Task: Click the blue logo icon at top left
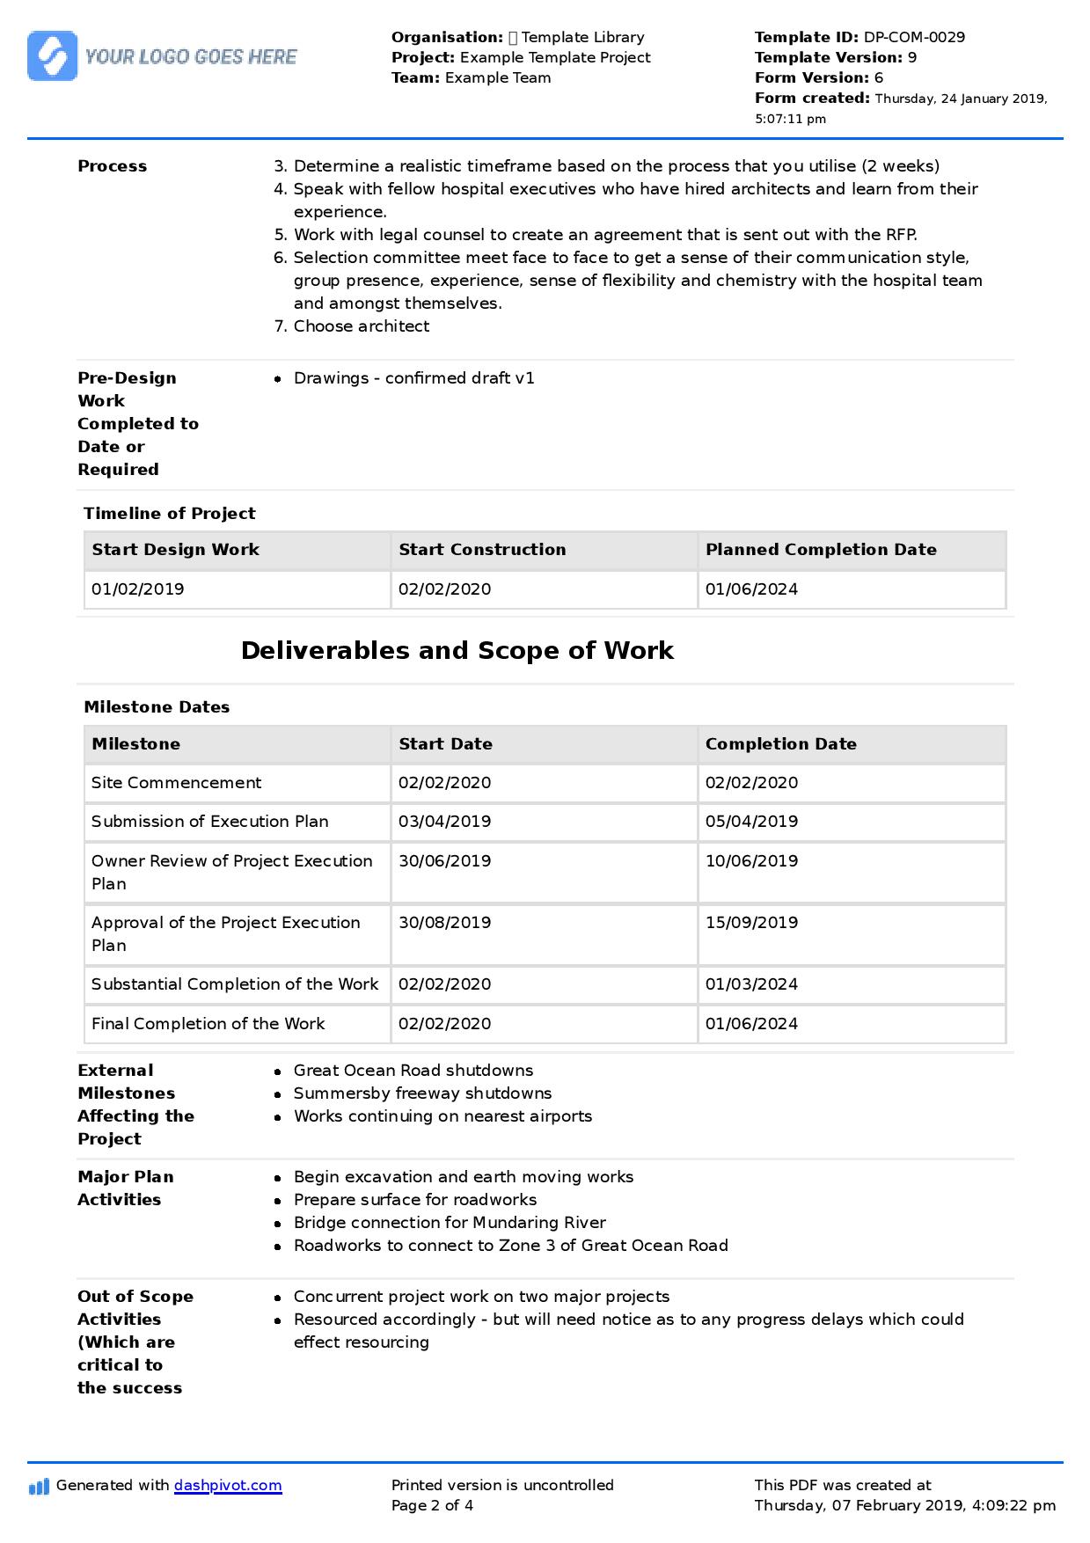pos(52,56)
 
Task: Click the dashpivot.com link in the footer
pos(228,1485)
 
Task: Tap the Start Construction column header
pos(482,550)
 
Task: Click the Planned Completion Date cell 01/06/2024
pos(751,589)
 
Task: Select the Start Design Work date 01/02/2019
pos(138,589)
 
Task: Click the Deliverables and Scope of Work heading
pos(457,650)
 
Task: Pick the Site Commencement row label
pos(176,783)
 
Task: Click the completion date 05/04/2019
pos(751,822)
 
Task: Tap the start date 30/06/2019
pos(444,861)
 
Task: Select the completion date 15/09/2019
pos(751,923)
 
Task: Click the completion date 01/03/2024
pos(751,984)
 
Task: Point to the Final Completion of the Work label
pos(208,1024)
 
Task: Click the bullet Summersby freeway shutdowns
pos(422,1093)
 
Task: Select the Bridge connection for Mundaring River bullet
pos(450,1223)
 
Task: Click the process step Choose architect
pos(361,326)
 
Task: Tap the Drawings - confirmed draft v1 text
pos(413,378)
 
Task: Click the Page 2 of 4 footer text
pos(432,1505)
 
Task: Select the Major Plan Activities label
pos(125,1188)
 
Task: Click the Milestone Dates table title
pos(157,707)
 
